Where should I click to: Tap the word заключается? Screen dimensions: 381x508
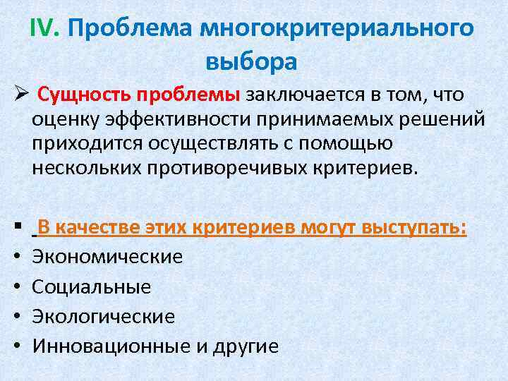coord(300,95)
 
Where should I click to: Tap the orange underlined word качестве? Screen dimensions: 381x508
coord(100,228)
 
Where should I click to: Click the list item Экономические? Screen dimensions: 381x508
coord(108,257)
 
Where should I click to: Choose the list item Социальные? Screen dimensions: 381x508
coord(92,286)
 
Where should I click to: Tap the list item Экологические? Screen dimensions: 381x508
coord(104,316)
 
